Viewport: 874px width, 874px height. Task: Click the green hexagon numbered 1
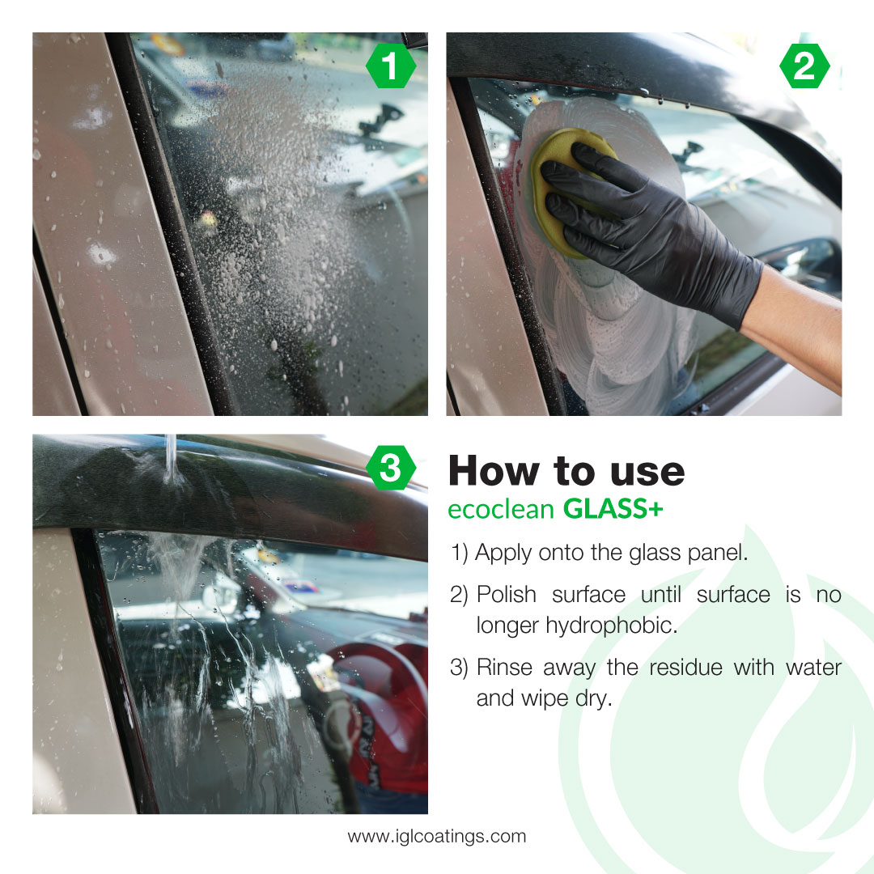click(x=391, y=66)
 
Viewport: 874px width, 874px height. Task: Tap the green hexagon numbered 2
click(x=804, y=66)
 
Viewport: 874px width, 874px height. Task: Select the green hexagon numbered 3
click(x=391, y=468)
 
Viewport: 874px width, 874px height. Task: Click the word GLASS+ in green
click(x=613, y=509)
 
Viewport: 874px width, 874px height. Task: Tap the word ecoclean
click(x=501, y=510)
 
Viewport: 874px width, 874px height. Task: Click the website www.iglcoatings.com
click(x=436, y=836)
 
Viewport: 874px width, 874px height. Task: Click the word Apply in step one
click(x=503, y=554)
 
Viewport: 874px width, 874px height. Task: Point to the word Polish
click(x=506, y=594)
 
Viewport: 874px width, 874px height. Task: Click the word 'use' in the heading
click(x=647, y=472)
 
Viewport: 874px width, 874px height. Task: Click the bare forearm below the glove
click(x=797, y=323)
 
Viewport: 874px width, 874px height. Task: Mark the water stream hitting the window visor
click(x=171, y=459)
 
